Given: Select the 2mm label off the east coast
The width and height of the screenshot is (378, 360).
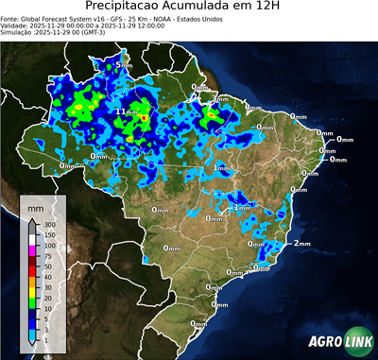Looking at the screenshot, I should (302, 243).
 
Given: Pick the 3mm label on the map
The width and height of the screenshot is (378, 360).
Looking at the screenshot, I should (221, 98).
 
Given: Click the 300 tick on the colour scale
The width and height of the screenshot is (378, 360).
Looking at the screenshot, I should (50, 224).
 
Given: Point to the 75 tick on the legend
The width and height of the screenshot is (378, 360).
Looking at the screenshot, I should (49, 256).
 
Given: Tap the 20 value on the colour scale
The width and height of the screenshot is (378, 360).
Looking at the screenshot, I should (49, 287).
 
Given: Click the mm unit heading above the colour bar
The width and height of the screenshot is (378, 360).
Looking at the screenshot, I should (36, 205).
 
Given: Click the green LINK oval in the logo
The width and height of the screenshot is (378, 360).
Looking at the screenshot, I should (357, 341).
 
